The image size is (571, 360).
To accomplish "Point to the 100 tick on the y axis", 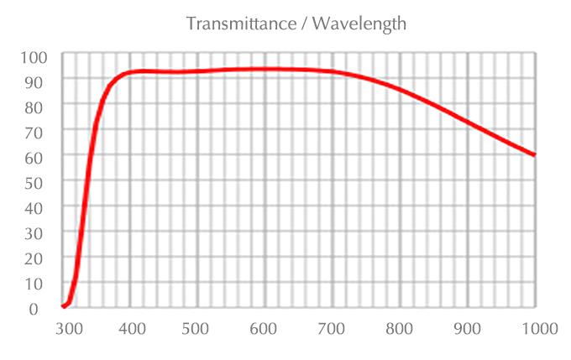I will click(35, 57).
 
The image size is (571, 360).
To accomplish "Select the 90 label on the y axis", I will click(39, 81).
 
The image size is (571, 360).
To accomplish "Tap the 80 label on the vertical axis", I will click(39, 107).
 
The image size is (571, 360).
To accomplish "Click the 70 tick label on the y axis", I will click(39, 132).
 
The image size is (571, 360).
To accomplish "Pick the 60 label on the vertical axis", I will click(39, 157).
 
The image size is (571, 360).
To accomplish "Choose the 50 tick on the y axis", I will click(39, 182).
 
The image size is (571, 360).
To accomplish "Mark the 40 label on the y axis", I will click(39, 207).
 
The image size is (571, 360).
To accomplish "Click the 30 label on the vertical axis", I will click(39, 232).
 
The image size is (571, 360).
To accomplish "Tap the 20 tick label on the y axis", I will click(39, 258).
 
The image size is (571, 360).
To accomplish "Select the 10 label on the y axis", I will click(39, 283).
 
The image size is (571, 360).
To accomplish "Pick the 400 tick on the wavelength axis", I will click(130, 328).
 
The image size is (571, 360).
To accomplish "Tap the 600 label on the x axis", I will click(265, 328).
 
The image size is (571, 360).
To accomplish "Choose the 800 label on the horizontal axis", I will click(400, 328).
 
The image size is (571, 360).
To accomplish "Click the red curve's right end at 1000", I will click(534, 154).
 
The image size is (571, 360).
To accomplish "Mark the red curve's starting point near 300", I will click(64, 306).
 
